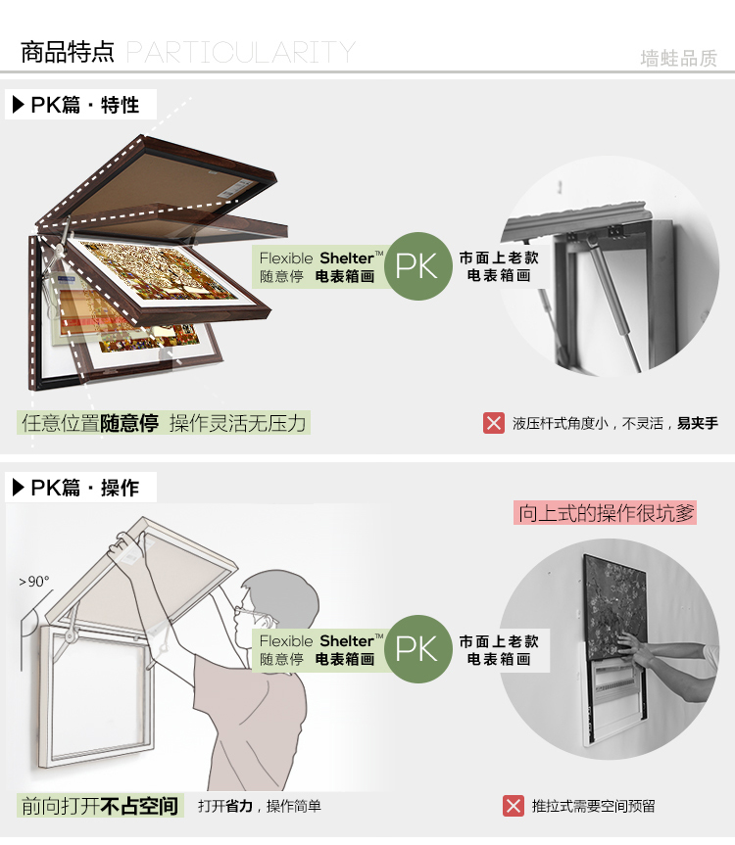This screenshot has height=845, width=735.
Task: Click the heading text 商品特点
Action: coord(68,52)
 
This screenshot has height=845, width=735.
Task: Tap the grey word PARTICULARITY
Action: coord(240,52)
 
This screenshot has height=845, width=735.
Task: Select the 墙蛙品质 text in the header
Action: coord(678,58)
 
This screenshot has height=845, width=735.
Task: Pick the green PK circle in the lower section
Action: coord(416,648)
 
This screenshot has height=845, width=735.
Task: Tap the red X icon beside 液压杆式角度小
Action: coord(494,423)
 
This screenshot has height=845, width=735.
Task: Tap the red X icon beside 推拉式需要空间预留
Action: coord(514,806)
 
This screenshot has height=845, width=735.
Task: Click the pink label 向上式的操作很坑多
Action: coord(606,512)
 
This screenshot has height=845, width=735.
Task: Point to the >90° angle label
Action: coord(34,582)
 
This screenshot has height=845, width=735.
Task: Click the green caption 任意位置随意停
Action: coord(89,423)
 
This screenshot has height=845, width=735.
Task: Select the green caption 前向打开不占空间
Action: coord(101,806)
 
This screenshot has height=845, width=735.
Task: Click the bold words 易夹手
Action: coord(698,423)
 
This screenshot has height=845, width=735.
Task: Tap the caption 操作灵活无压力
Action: coord(238,423)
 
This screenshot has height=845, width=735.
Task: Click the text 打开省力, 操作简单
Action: coord(259,806)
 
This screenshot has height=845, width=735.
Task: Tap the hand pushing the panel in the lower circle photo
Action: coord(635,649)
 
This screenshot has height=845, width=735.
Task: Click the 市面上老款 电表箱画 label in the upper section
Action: coord(499,266)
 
